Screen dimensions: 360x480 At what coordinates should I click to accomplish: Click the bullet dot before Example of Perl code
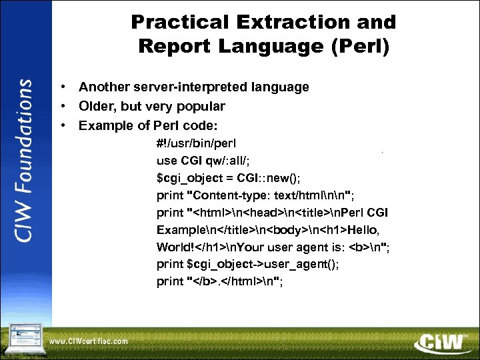pyautogui.click(x=61, y=125)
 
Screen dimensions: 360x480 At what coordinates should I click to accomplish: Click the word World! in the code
pyautogui.click(x=174, y=247)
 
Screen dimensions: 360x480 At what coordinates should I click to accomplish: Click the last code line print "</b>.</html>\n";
pyautogui.click(x=219, y=281)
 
